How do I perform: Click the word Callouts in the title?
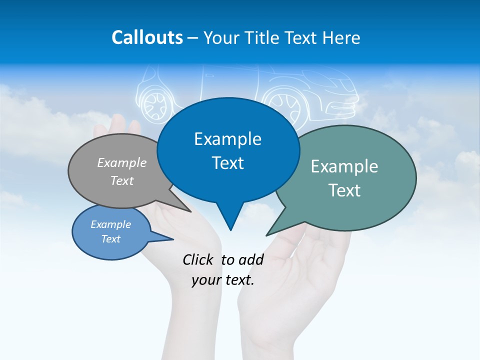coord(147,37)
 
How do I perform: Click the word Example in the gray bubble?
coord(122,162)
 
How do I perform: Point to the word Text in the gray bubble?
coord(122,180)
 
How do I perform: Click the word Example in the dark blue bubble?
coord(227,139)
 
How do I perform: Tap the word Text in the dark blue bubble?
coord(227,163)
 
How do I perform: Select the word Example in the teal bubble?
coord(344,166)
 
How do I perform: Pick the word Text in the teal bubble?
coord(344,190)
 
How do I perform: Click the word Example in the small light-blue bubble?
coord(111,224)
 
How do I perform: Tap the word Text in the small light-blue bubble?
coord(111,239)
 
